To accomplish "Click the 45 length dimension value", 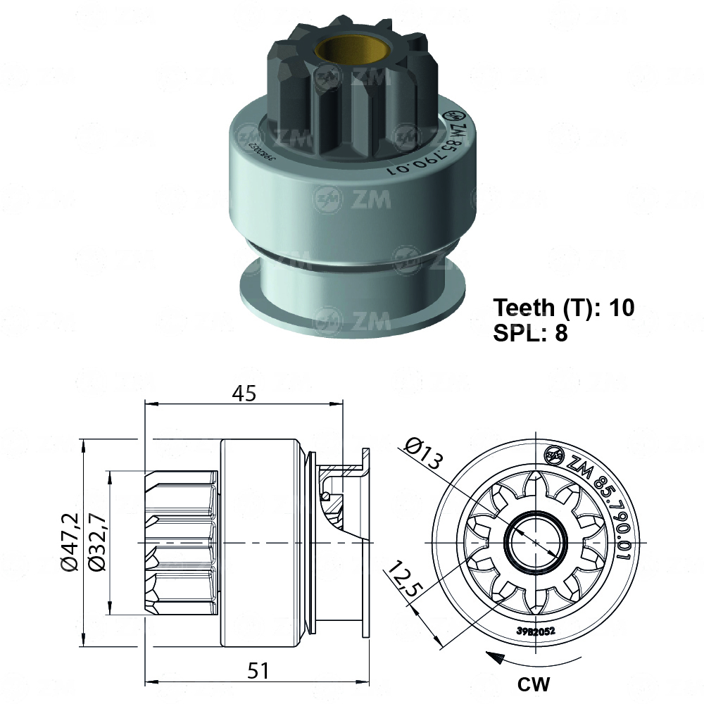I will pos(245,394).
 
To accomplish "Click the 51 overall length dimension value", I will pos(258,671).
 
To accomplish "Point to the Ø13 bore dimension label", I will pos(425,453).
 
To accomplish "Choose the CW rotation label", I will pos(534,684).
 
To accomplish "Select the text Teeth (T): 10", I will pos(563,308).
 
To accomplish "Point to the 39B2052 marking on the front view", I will pos(536,631).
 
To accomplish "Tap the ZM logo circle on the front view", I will pos(554,455).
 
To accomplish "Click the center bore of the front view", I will pos(536,543).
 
